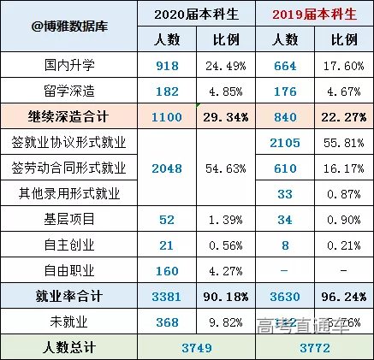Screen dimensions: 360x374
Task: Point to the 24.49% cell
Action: tap(227, 65)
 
